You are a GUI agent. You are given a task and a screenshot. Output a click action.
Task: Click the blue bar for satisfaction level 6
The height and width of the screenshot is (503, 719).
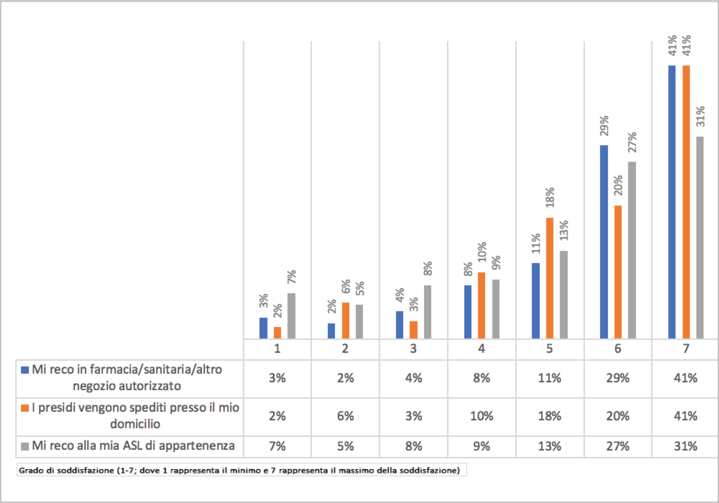604,242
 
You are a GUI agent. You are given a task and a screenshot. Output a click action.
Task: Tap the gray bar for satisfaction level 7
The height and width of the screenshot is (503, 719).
700,237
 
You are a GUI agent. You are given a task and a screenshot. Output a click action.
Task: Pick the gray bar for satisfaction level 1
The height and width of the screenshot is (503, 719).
291,316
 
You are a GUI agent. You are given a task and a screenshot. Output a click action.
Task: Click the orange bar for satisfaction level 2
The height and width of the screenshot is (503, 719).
346,320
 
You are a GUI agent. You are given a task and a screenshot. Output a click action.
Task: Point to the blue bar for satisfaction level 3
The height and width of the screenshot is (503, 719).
399,325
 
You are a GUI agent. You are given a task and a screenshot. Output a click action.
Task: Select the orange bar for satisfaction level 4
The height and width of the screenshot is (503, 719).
481,305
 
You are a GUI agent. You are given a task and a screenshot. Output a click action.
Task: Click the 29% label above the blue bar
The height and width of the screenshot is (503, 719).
604,126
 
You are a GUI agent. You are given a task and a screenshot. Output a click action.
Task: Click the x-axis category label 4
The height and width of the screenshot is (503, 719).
481,349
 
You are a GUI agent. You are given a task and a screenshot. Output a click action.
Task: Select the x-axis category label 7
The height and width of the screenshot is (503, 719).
686,349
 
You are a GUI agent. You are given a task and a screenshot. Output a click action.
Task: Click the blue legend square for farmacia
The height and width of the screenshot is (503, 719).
25,370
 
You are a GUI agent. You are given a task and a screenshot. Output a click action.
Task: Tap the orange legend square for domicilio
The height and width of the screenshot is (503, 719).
25,408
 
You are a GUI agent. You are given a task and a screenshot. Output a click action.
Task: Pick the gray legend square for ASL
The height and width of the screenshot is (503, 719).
25,447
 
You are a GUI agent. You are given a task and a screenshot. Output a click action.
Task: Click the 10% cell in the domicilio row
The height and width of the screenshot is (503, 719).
481,416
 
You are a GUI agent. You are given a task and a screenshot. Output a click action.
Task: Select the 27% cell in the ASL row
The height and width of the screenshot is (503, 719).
618,447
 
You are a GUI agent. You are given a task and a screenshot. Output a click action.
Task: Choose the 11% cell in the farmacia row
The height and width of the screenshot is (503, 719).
550,378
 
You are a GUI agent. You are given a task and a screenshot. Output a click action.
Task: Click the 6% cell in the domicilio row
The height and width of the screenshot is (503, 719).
345,416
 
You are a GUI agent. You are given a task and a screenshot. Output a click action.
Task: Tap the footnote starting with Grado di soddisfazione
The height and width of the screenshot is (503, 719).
240,470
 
